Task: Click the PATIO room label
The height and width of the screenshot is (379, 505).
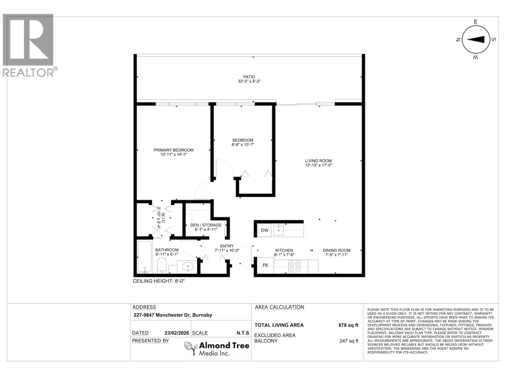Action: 249,77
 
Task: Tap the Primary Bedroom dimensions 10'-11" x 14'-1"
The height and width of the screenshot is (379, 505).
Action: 174,154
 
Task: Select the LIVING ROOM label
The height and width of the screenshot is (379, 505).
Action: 318,160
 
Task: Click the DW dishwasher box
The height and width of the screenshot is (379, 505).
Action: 264,230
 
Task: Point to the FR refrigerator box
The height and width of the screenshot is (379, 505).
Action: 265,265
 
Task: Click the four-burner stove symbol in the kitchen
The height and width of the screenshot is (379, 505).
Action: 295,266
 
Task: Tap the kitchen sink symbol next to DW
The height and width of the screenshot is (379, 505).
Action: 278,230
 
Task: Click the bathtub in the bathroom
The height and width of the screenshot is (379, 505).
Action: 145,257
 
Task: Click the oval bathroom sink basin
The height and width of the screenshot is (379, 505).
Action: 188,266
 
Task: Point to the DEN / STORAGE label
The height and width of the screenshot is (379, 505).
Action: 206,225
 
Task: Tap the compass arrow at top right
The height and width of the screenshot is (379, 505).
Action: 476,39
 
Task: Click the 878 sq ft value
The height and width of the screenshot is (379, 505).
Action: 348,325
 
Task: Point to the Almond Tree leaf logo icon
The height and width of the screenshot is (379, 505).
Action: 191,348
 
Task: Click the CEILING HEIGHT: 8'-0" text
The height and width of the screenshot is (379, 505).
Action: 158,281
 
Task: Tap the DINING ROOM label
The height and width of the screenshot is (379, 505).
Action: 336,250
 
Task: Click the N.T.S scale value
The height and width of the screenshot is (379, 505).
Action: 243,333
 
